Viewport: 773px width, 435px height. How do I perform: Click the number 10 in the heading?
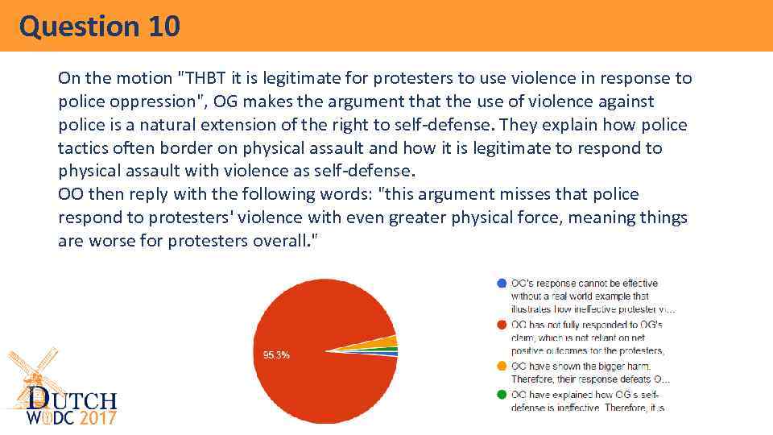point(163,26)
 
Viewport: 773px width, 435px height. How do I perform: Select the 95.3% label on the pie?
point(277,354)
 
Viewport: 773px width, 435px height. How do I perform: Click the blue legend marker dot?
point(502,284)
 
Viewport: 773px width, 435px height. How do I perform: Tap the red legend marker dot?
point(502,325)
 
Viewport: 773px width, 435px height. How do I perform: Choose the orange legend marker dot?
point(502,366)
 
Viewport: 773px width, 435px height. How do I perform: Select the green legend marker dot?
point(502,394)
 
